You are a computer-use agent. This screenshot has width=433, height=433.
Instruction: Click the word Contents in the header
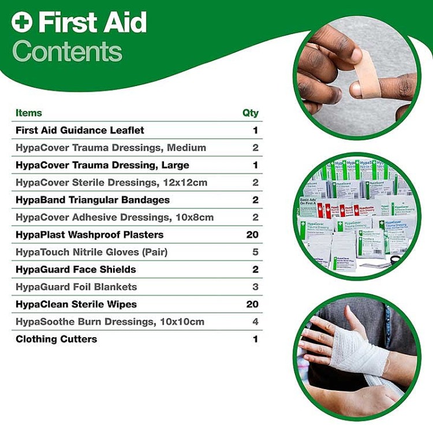point(67,51)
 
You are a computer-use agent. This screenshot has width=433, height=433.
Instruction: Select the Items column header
point(29,113)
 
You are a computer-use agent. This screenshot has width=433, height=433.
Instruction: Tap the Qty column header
point(250,113)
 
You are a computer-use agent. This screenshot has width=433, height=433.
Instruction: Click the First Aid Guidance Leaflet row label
point(80,130)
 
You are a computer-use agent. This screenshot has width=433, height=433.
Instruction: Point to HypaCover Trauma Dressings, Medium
point(111,148)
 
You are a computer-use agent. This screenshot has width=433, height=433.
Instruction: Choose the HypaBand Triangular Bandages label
point(92,200)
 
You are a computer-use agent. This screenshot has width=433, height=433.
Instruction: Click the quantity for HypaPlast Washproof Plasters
point(252,235)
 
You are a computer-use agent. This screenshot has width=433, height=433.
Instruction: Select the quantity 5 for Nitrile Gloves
point(255,252)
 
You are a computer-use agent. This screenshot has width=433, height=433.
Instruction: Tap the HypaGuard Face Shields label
point(76,270)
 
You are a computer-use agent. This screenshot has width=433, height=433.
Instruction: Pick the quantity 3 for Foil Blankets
point(255,287)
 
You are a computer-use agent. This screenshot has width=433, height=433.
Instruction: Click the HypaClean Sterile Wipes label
point(76,304)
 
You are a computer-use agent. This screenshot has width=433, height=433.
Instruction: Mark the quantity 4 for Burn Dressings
point(255,322)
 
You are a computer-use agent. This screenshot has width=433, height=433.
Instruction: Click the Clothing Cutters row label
point(56,339)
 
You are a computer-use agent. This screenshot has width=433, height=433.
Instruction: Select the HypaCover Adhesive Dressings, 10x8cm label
point(115,217)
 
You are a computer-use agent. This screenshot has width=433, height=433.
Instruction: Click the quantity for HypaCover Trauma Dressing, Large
point(255,165)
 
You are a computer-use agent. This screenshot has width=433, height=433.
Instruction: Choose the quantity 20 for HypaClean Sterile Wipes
point(252,304)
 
